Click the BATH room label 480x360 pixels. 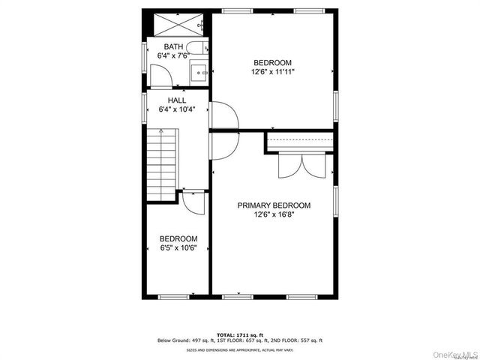coord(173,46)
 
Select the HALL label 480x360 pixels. coord(177,100)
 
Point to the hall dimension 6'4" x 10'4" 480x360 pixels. coord(177,109)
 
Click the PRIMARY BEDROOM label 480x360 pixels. coord(274,205)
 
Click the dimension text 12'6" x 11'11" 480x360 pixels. coord(272,72)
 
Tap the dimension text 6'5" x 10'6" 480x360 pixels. coord(178,248)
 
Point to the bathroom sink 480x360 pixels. coord(198,73)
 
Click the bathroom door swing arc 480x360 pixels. coord(161,76)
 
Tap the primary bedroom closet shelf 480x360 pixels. coord(299,142)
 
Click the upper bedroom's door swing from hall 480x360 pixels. coord(225,115)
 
